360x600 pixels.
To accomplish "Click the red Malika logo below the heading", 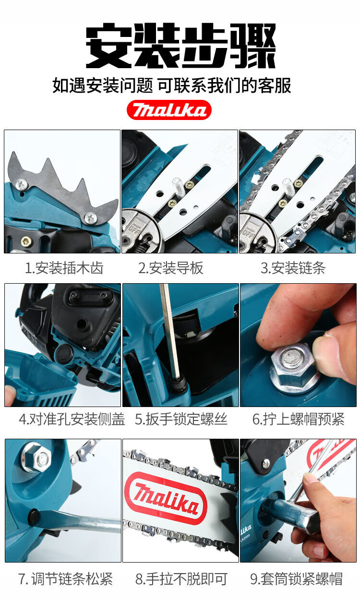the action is [169, 110].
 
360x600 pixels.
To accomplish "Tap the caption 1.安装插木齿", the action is [64, 268].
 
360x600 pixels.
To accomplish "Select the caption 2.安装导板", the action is [171, 268].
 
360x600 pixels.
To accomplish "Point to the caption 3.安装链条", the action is [293, 268].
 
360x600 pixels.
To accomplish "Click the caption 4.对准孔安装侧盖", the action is [72, 419].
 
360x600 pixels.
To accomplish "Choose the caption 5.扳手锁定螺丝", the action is [181, 419].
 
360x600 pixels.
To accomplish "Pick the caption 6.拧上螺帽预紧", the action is [299, 419].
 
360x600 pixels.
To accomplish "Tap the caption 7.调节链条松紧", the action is [66, 579].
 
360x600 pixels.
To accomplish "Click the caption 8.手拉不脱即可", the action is [181, 579].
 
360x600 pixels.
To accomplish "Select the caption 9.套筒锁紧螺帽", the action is [296, 579].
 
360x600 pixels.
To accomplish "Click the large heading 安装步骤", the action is [181, 46].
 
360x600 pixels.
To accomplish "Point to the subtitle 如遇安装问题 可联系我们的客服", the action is [172, 85].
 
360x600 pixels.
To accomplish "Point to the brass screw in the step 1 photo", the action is [26, 241].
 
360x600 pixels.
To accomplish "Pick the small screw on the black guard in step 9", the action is [266, 464].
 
